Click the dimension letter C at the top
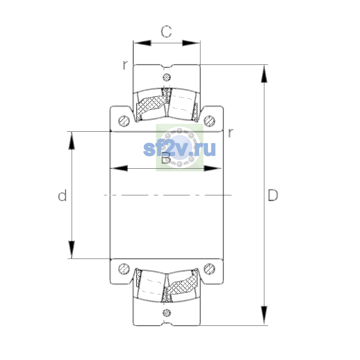click(x=166, y=31)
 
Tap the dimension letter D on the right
click(x=273, y=195)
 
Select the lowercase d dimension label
click(x=62, y=195)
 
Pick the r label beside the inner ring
click(x=231, y=133)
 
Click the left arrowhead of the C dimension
click(x=142, y=43)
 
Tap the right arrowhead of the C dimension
click(x=191, y=43)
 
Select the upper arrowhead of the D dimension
click(x=264, y=74)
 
